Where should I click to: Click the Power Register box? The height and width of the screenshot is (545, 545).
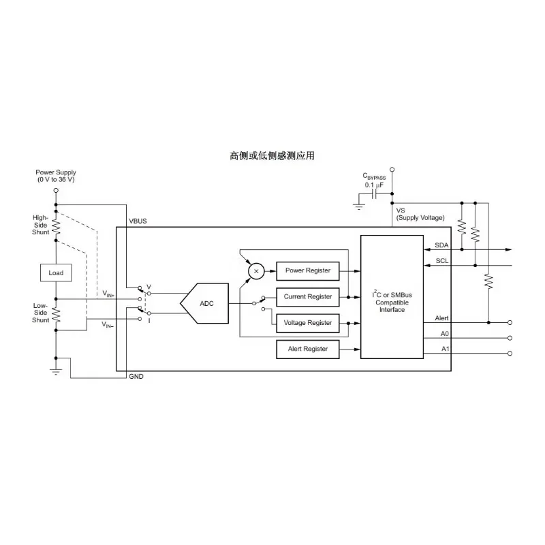tap(308, 270)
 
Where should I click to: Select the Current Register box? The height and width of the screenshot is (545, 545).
tap(308, 297)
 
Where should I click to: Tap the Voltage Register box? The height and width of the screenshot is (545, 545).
tap(308, 323)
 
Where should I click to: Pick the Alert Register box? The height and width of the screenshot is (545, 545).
tap(308, 349)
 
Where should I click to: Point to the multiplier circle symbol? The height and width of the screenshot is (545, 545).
tap(256, 271)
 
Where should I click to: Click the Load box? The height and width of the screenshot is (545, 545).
tap(56, 273)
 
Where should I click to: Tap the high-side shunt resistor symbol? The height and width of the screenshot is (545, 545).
tap(56, 227)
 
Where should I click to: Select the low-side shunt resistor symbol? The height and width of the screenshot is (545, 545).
tap(56, 315)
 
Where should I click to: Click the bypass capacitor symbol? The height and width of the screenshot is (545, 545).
tap(374, 194)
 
